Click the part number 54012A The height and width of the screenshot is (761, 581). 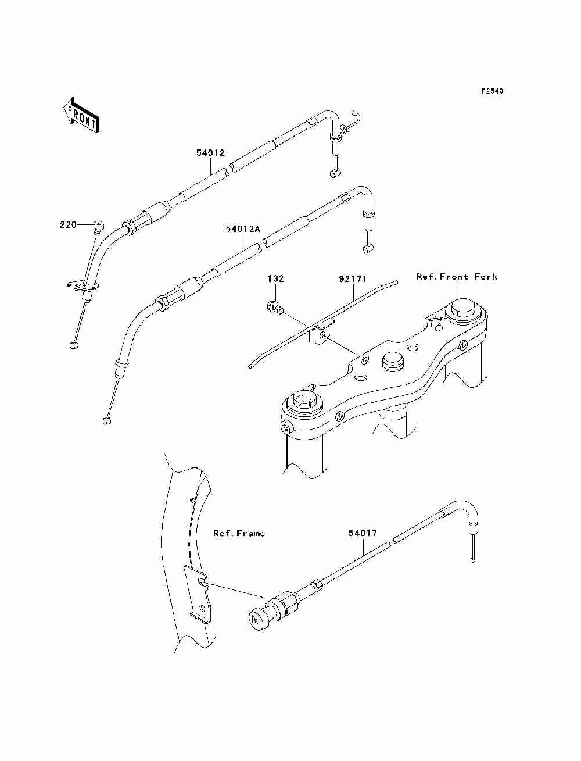(242, 229)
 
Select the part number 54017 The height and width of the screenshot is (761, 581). (363, 533)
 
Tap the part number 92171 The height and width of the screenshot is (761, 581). (353, 279)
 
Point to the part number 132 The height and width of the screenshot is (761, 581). (275, 279)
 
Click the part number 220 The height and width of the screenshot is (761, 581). (69, 224)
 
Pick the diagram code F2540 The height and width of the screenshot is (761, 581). (492, 91)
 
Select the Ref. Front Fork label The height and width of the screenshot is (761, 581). (457, 277)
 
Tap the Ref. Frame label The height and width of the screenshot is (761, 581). (239, 533)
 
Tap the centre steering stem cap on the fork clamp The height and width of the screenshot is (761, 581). (392, 363)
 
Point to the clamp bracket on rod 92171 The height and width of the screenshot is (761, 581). (319, 335)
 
